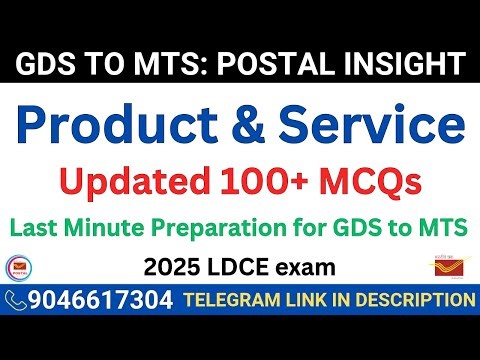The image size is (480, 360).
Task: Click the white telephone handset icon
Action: point(16,299)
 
